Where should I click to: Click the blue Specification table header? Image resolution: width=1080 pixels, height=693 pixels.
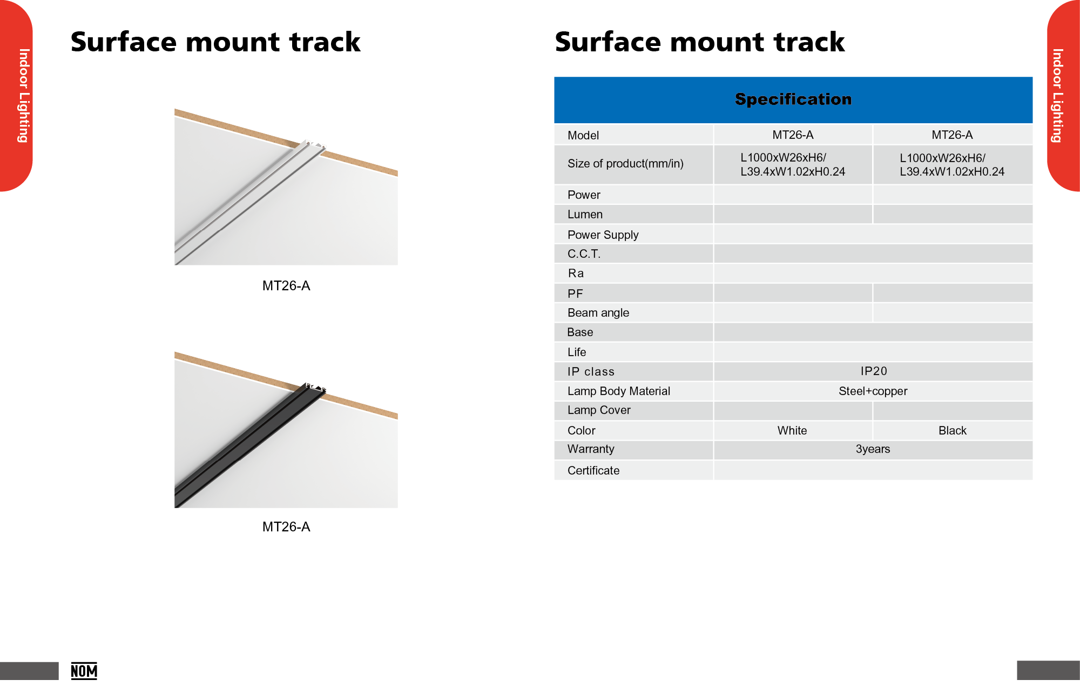pyautogui.click(x=793, y=99)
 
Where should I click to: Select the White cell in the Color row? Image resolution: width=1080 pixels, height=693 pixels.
pyautogui.click(x=792, y=430)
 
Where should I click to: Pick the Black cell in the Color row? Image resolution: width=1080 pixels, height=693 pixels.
pyautogui.click(x=952, y=430)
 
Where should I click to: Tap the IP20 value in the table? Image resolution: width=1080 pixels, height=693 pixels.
pyautogui.click(x=873, y=371)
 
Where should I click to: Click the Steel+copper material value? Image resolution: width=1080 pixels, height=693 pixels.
pyautogui.click(x=873, y=391)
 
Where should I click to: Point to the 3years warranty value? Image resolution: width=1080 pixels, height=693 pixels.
pyautogui.click(x=873, y=449)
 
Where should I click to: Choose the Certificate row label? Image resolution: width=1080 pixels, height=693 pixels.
pyautogui.click(x=593, y=470)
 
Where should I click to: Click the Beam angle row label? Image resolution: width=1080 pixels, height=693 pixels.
pyautogui.click(x=598, y=312)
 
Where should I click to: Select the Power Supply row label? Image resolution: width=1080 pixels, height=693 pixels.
pyautogui.click(x=603, y=235)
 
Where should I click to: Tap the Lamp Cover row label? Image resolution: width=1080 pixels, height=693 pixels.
pyautogui.click(x=599, y=410)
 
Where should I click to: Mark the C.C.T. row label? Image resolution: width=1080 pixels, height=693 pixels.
pyautogui.click(x=584, y=254)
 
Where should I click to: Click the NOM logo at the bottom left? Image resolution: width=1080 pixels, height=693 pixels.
pyautogui.click(x=84, y=671)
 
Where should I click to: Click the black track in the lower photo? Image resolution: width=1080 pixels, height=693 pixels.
pyautogui.click(x=248, y=446)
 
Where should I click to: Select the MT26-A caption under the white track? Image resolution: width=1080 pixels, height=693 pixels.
pyautogui.click(x=286, y=286)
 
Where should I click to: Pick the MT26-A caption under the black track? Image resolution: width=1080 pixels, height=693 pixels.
pyautogui.click(x=286, y=527)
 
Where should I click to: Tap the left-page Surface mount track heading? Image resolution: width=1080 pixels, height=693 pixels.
pyautogui.click(x=215, y=42)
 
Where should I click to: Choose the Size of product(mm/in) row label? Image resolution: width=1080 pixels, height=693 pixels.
pyautogui.click(x=625, y=164)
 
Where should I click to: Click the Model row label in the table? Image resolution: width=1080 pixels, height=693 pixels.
pyautogui.click(x=583, y=135)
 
